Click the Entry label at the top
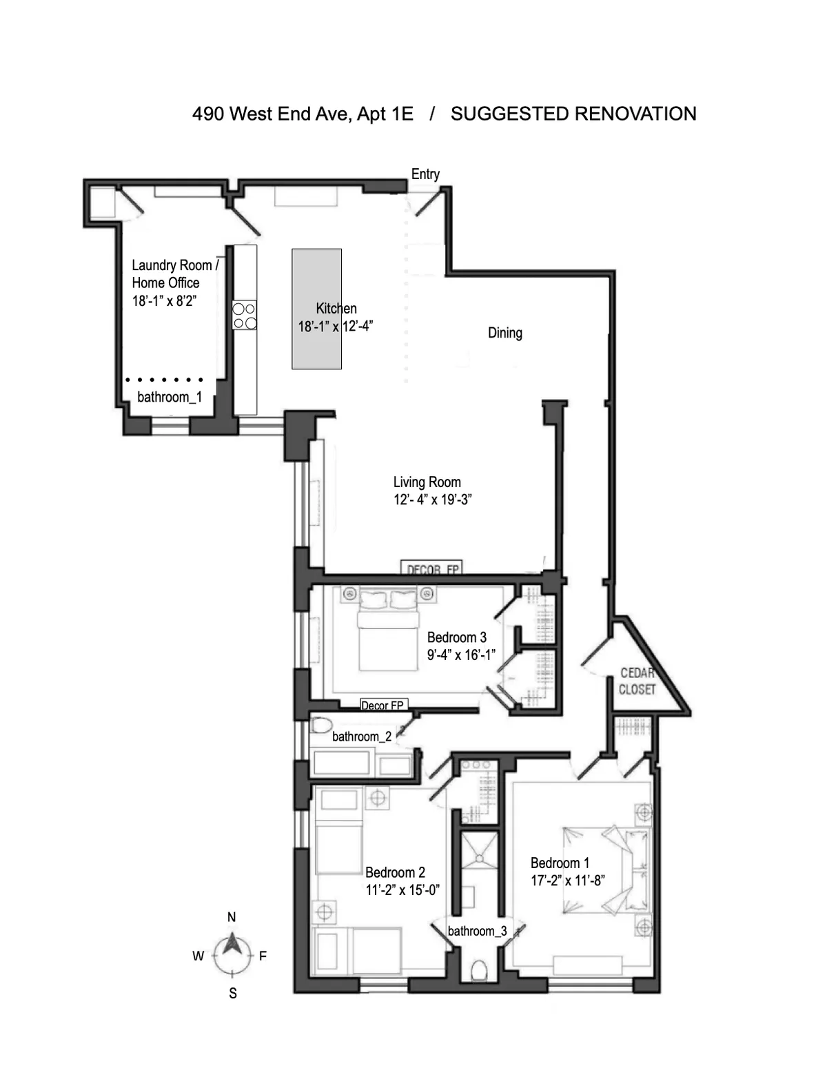click(425, 174)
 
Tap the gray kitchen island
click(316, 309)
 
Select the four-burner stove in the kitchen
click(245, 316)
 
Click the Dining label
click(504, 333)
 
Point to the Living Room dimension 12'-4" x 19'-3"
click(432, 500)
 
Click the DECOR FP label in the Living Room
click(432, 568)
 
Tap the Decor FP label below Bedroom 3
click(382, 706)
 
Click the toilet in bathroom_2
click(321, 726)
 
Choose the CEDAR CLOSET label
click(637, 681)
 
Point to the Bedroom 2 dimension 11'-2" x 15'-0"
click(402, 890)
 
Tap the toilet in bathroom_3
click(478, 970)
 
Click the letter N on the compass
click(232, 917)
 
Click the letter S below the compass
click(233, 994)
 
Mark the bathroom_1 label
click(170, 397)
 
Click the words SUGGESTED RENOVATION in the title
click(573, 114)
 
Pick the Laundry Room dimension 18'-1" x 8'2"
click(165, 300)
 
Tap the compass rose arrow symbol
click(232, 954)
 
